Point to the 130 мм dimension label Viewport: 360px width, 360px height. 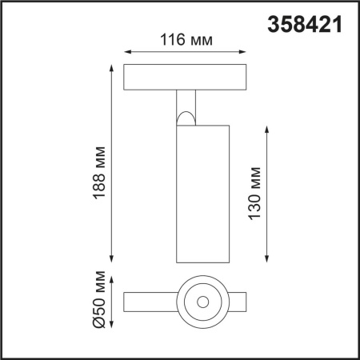(255, 194)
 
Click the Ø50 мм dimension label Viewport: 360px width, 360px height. (98, 303)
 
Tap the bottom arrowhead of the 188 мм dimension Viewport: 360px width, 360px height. (112, 260)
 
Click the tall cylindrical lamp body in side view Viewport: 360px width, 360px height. (200, 192)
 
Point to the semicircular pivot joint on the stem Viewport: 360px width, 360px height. (185, 120)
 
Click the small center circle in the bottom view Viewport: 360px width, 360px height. (200, 302)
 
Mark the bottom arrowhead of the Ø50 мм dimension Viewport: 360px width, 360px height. (112, 324)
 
